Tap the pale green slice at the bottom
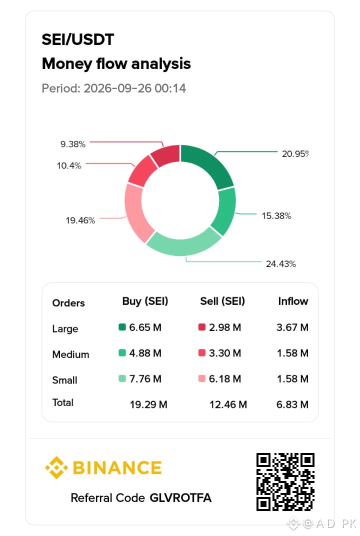pyautogui.click(x=183, y=243)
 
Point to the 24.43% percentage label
pyautogui.click(x=280, y=264)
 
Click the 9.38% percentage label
pyautogui.click(x=73, y=144)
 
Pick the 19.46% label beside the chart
pyautogui.click(x=80, y=220)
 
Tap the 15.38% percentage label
pyautogui.click(x=276, y=215)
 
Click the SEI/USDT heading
pyautogui.click(x=78, y=39)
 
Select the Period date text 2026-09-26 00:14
pyautogui.click(x=134, y=88)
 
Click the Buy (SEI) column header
pyautogui.click(x=145, y=301)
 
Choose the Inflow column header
pyautogui.click(x=293, y=301)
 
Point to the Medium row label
pyautogui.click(x=71, y=354)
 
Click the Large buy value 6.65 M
pyautogui.click(x=145, y=327)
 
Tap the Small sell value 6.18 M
pyautogui.click(x=225, y=379)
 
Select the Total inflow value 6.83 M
pyautogui.click(x=292, y=404)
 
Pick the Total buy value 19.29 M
pyautogui.click(x=148, y=404)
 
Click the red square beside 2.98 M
pyautogui.click(x=201, y=327)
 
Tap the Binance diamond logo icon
pyautogui.click(x=56, y=467)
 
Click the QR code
pyautogui.click(x=285, y=482)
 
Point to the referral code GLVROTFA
pyautogui.click(x=180, y=497)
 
